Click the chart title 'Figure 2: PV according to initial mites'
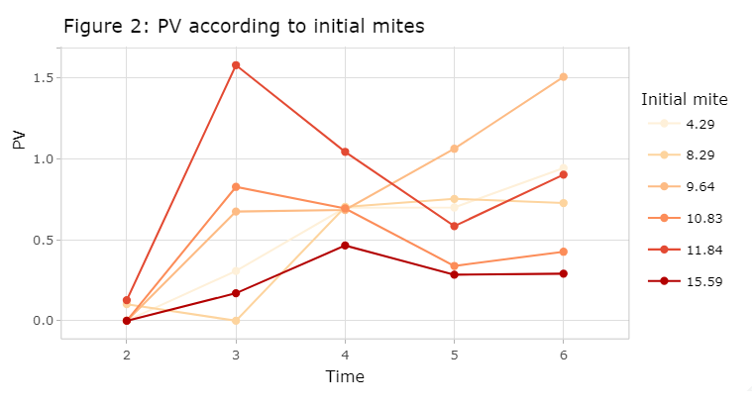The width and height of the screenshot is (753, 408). coord(244,27)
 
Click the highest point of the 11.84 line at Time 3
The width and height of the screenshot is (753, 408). coord(236,65)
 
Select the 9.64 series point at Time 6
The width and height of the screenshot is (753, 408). coord(563,76)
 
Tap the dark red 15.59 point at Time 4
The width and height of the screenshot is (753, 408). coord(345,246)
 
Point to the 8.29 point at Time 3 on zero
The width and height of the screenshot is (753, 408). coord(236,321)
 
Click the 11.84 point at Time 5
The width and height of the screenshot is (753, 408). coord(454,226)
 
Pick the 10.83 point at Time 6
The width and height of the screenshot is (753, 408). coord(563,252)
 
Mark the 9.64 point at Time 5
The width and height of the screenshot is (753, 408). coord(454,149)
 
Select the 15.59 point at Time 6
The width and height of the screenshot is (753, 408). coord(563,273)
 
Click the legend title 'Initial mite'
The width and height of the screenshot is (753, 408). coord(685,99)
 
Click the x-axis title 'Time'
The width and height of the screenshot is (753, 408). coord(345,377)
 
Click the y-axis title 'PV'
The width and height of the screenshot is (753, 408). coord(19,140)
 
